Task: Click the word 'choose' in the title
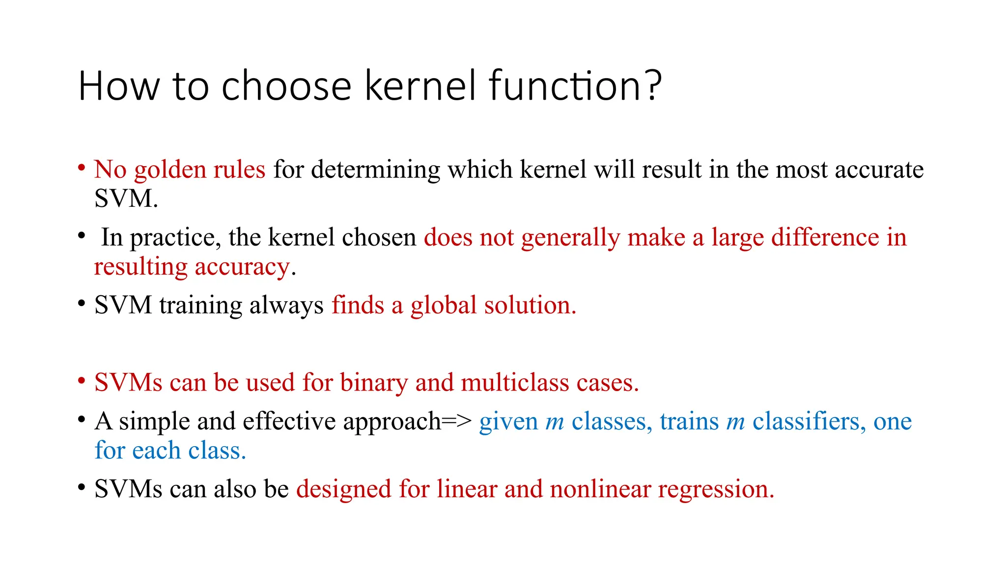click(x=286, y=86)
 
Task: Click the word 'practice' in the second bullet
click(x=172, y=238)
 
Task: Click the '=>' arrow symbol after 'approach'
click(x=457, y=422)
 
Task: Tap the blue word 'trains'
click(x=689, y=422)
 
